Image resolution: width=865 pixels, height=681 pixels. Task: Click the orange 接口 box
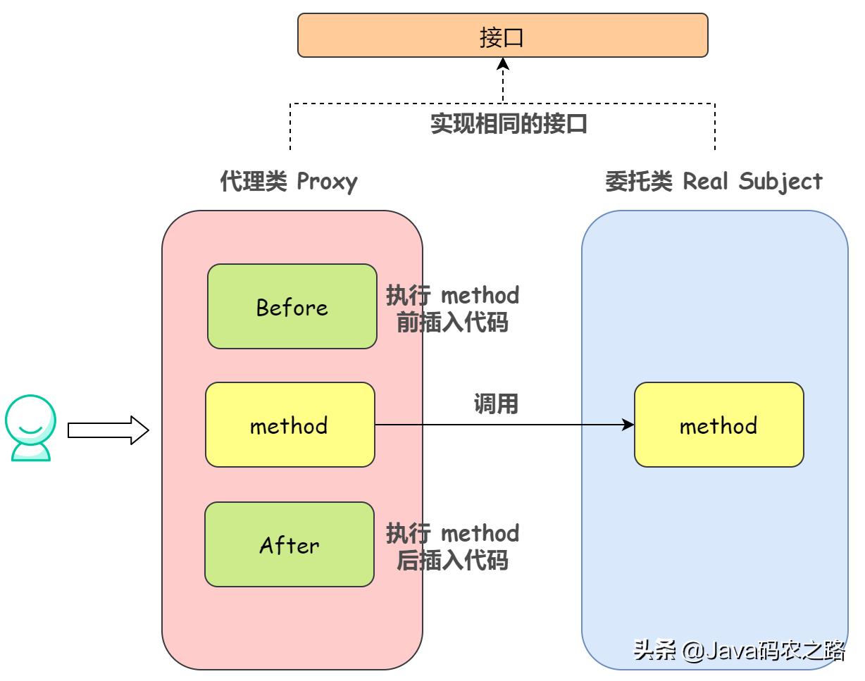(502, 35)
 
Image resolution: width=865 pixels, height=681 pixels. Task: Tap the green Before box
(292, 306)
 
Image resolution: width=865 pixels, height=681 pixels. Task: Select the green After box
(289, 544)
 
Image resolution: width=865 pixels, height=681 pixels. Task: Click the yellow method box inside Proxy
(290, 425)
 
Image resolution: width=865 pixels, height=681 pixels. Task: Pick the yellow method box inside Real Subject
(718, 425)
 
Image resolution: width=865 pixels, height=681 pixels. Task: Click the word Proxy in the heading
(327, 182)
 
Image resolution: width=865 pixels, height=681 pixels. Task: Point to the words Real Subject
(752, 182)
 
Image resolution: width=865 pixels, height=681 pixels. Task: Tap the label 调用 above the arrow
(495, 404)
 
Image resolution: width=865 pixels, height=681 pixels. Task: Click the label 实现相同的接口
(509, 124)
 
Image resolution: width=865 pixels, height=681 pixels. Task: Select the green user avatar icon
(30, 427)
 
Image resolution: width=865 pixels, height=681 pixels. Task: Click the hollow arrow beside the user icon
(108, 430)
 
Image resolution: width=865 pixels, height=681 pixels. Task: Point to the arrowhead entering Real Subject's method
(628, 425)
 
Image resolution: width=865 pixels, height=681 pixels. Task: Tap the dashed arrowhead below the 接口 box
(503, 64)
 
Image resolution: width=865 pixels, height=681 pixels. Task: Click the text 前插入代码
(452, 323)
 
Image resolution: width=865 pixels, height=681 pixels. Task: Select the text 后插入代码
(452, 561)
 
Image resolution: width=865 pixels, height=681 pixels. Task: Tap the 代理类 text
(254, 182)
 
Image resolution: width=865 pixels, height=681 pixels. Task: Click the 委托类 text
(639, 182)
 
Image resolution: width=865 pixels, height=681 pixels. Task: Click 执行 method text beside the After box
(452, 533)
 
